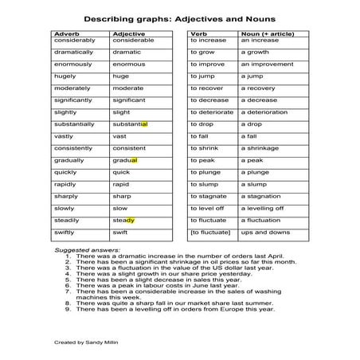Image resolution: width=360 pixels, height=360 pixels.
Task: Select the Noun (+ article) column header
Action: (x=263, y=33)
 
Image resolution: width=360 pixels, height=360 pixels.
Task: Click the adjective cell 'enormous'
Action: (x=128, y=64)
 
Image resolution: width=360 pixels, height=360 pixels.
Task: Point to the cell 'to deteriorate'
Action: (x=212, y=112)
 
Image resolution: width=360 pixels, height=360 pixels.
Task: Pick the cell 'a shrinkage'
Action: (x=260, y=148)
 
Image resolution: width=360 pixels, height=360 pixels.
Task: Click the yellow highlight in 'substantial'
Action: (x=144, y=124)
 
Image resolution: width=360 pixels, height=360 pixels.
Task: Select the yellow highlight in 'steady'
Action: (x=129, y=220)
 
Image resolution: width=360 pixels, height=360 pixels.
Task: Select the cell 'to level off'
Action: (x=207, y=208)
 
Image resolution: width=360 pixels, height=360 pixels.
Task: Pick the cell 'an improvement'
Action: (x=265, y=64)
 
